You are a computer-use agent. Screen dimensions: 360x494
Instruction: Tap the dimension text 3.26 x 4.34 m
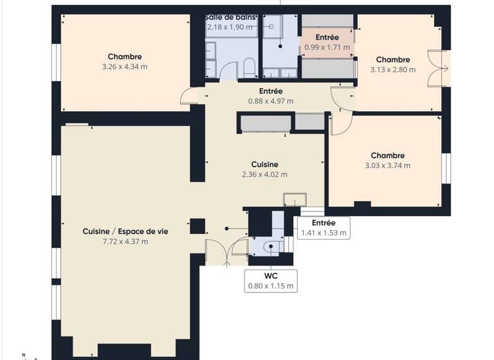[125, 66]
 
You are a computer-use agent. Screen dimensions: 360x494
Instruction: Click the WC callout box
[271, 280]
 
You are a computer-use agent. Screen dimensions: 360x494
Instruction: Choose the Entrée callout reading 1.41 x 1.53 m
[324, 228]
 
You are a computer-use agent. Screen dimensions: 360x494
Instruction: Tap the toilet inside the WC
[270, 245]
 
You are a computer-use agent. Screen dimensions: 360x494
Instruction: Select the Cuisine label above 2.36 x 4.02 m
[264, 164]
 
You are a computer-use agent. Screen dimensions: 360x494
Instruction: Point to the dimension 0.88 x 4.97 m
[271, 101]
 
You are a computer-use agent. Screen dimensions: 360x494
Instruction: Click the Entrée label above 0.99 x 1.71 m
[327, 37]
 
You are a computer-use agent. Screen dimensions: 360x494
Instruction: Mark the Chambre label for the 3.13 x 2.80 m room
[393, 59]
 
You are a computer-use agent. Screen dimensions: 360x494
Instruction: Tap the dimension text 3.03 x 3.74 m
[388, 165]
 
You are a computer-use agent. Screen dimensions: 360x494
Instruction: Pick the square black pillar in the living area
[197, 226]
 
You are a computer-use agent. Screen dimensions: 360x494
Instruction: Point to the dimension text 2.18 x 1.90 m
[231, 27]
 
